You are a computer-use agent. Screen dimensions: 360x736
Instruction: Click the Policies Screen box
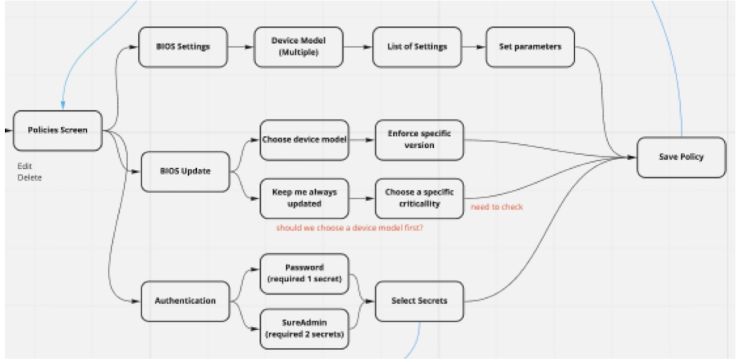click(x=58, y=130)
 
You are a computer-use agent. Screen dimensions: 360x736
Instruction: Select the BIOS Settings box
click(x=182, y=47)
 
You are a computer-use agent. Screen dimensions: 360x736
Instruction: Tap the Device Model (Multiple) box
click(x=298, y=47)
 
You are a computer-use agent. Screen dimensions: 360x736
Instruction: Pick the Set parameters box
click(x=530, y=47)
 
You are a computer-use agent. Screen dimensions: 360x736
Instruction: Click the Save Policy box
click(x=681, y=157)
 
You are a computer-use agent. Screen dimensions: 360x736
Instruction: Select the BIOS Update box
click(x=185, y=171)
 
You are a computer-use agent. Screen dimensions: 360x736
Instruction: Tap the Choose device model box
click(x=303, y=140)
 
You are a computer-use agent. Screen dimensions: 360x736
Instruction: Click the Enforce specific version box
click(x=420, y=140)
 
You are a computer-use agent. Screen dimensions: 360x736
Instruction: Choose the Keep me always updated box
click(x=304, y=198)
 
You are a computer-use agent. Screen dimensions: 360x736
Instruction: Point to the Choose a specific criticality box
click(x=419, y=198)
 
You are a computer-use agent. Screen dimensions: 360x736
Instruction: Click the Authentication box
click(x=185, y=301)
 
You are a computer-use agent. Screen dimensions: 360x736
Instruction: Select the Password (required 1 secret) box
click(x=304, y=273)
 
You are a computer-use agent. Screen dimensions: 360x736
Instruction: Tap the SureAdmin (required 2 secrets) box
click(x=304, y=329)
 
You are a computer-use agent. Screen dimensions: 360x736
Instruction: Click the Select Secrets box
click(x=420, y=301)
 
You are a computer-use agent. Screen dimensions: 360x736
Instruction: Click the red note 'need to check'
click(x=496, y=207)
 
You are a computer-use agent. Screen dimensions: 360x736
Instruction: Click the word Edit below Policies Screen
click(x=25, y=166)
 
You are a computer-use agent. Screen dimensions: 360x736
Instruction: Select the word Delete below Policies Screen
click(x=29, y=178)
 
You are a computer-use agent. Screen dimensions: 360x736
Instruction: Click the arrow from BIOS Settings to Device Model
click(x=240, y=47)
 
